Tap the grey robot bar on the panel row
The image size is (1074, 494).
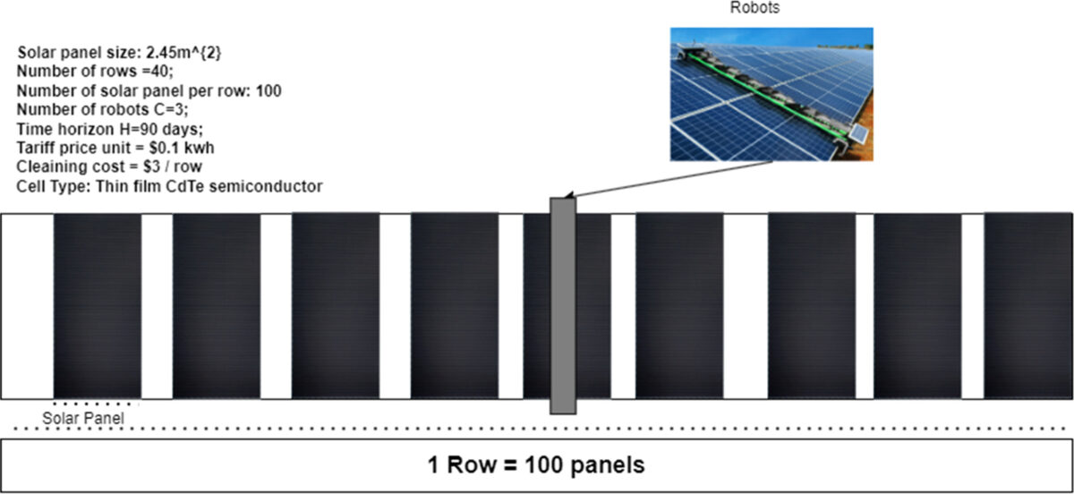coord(562,304)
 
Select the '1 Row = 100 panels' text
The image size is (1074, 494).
coord(535,465)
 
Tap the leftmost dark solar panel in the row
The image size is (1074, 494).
coord(98,304)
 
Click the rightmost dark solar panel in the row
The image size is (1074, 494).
coord(1027,304)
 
